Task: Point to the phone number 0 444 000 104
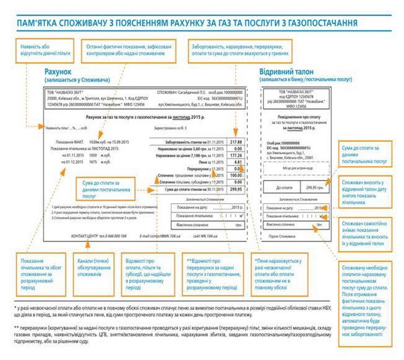point(107,237)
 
